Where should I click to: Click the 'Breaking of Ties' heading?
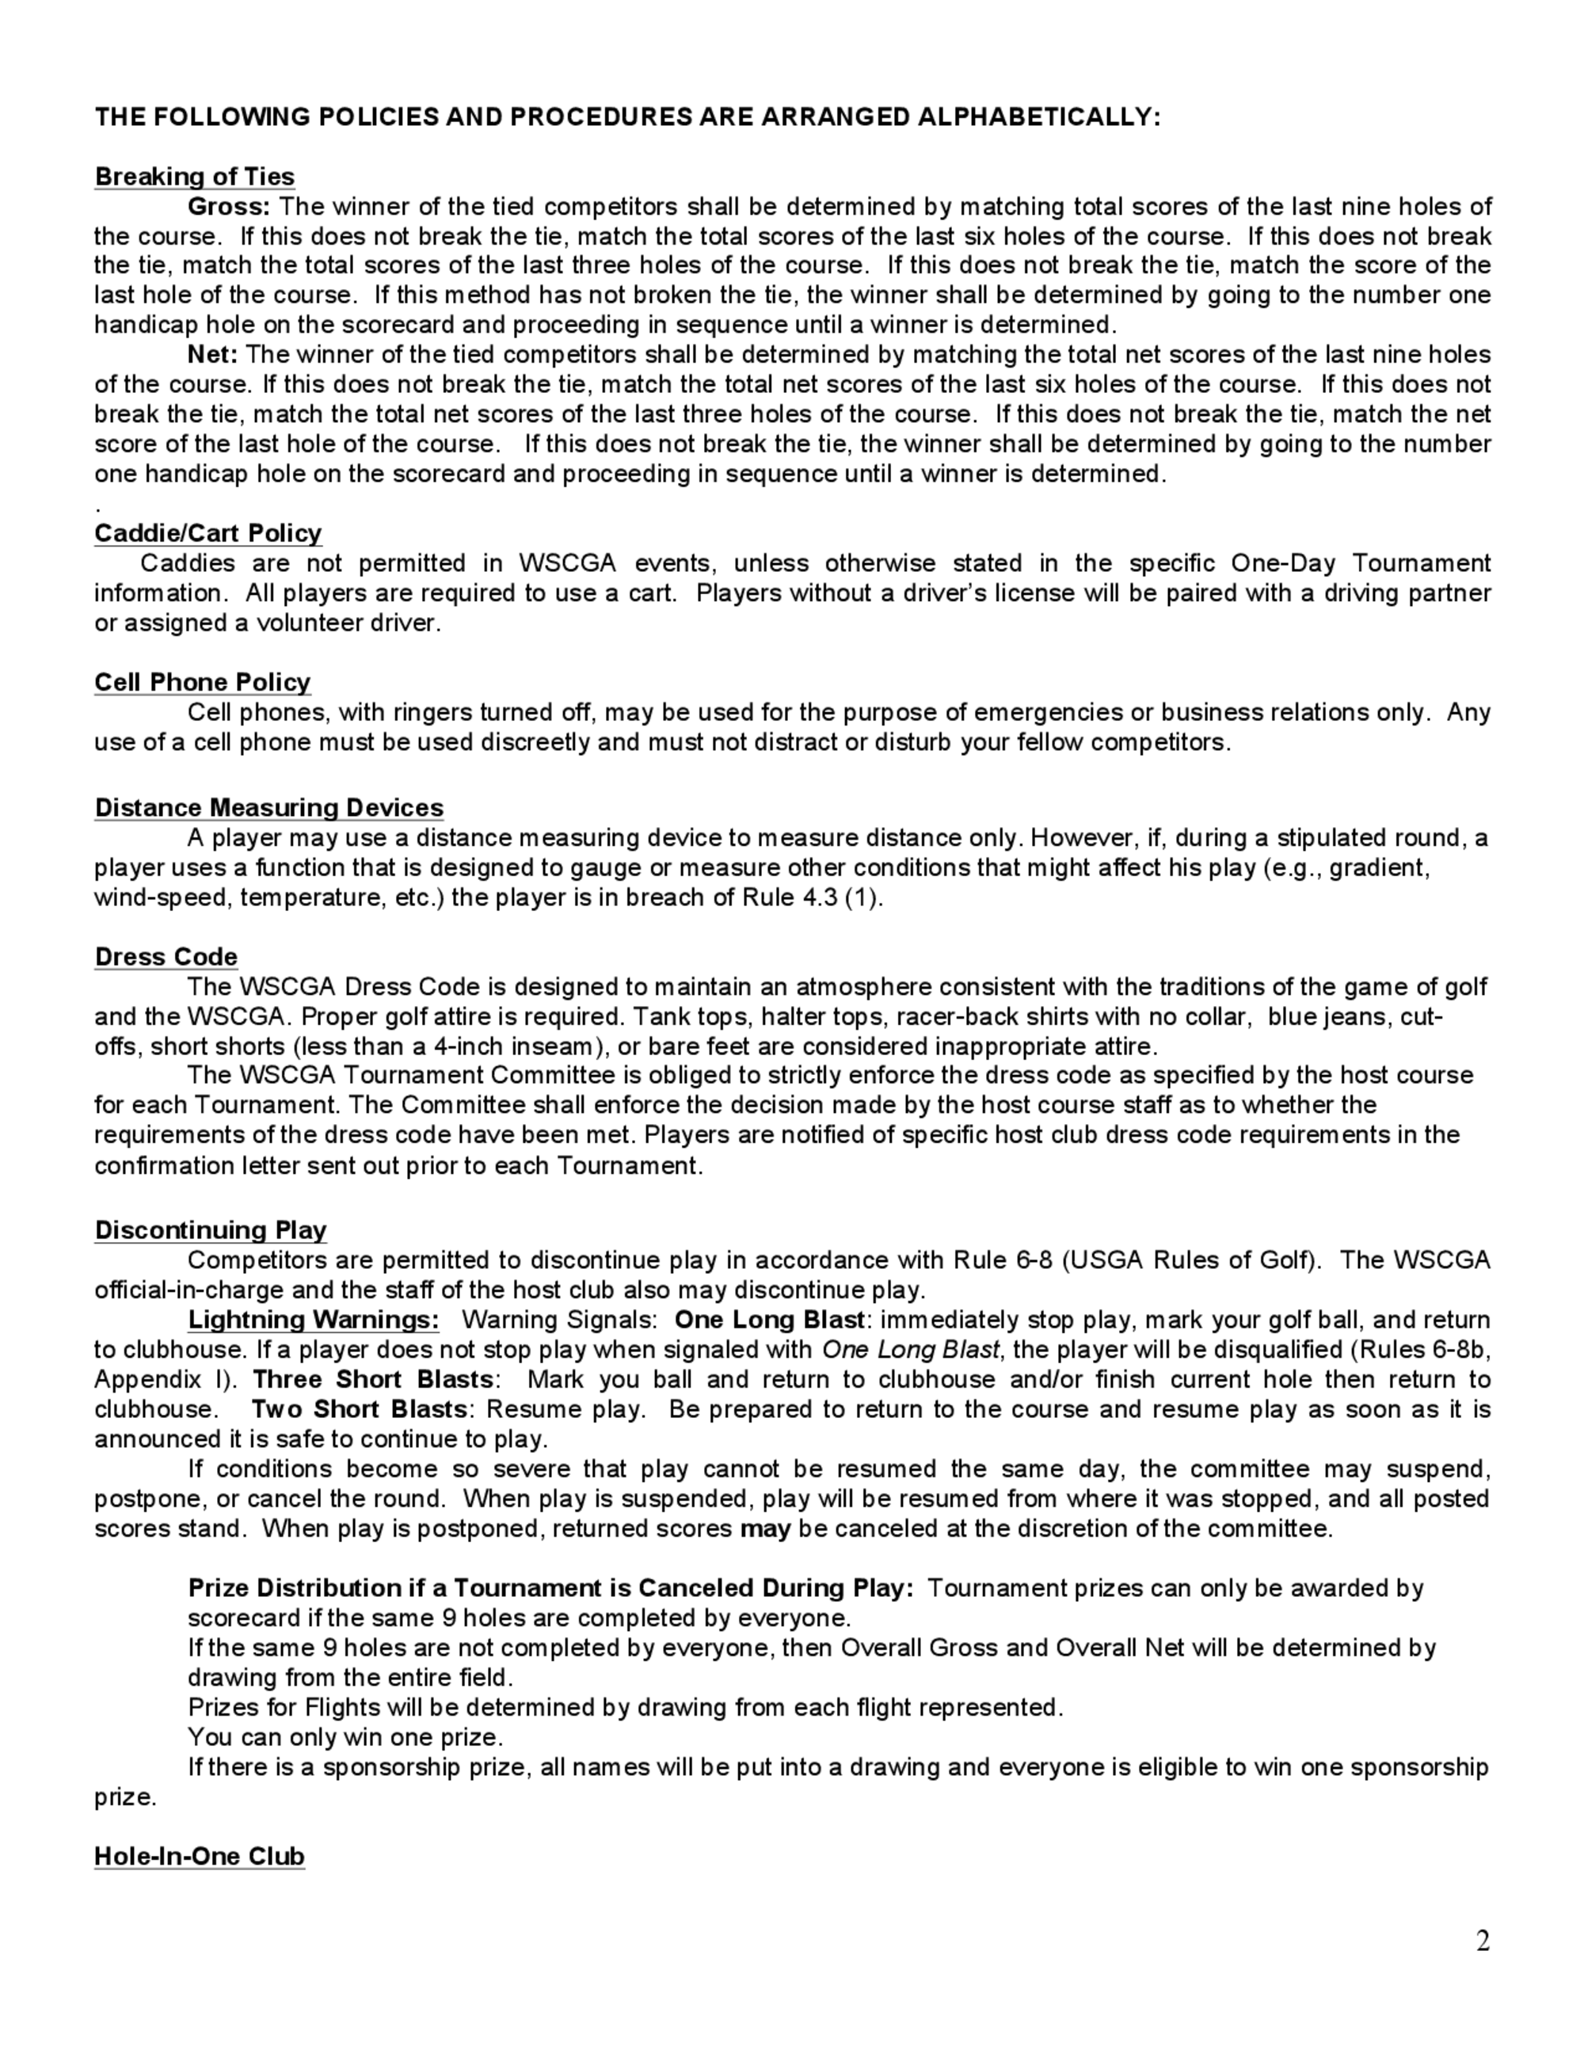(x=194, y=177)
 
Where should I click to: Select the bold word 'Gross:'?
(x=229, y=207)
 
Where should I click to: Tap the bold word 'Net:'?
(x=213, y=355)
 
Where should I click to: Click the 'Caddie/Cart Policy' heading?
(x=208, y=533)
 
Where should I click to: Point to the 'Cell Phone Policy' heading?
(x=202, y=682)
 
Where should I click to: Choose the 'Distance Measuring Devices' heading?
(x=268, y=808)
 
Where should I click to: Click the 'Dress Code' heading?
(x=166, y=958)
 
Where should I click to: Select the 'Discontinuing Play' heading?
(x=210, y=1231)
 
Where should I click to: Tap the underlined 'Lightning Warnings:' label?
(x=314, y=1320)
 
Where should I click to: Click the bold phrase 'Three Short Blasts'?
(x=372, y=1380)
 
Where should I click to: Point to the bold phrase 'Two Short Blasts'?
(x=360, y=1410)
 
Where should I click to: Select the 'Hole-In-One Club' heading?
(x=199, y=1857)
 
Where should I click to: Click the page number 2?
(x=1483, y=1941)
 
